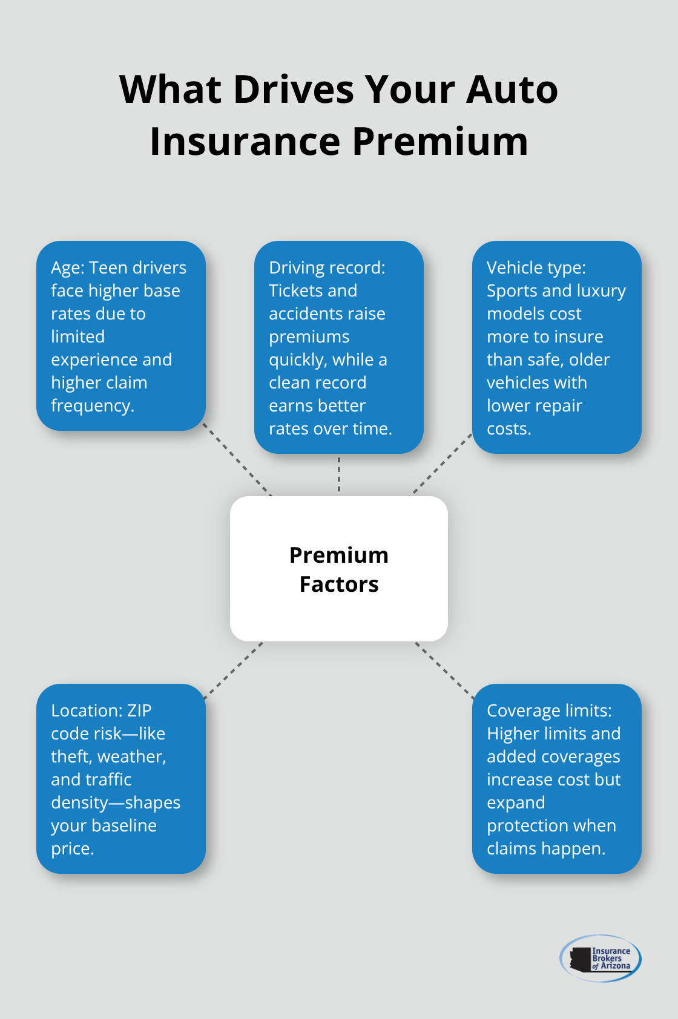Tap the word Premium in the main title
coord(440,142)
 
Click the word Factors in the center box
coord(339,585)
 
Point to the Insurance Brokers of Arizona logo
coord(601,958)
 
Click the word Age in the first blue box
coord(67,268)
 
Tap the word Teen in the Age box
coord(108,268)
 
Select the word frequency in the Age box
coord(92,406)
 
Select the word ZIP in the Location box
coord(139,711)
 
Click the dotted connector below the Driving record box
coord(339,474)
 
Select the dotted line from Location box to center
coord(234,670)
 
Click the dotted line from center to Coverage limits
coord(444,669)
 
